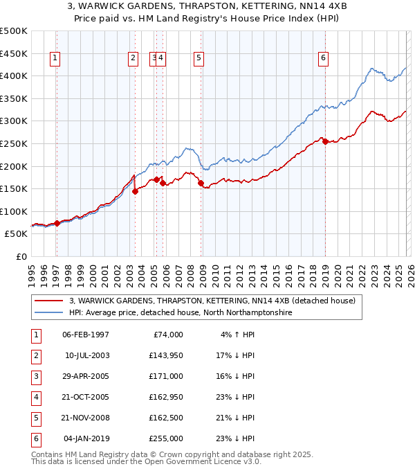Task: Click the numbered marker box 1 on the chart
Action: tap(55, 59)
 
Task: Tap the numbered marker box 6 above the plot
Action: tap(323, 59)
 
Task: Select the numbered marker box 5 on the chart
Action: tap(199, 59)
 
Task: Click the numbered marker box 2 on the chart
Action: tap(132, 59)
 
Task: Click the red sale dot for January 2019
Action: tap(325, 141)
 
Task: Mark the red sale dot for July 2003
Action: tap(135, 192)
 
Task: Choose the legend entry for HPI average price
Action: tap(181, 312)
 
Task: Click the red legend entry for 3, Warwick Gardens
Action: tap(212, 301)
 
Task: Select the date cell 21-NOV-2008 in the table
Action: tap(86, 418)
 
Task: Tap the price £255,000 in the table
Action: tap(167, 438)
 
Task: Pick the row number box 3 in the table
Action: tap(35, 376)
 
